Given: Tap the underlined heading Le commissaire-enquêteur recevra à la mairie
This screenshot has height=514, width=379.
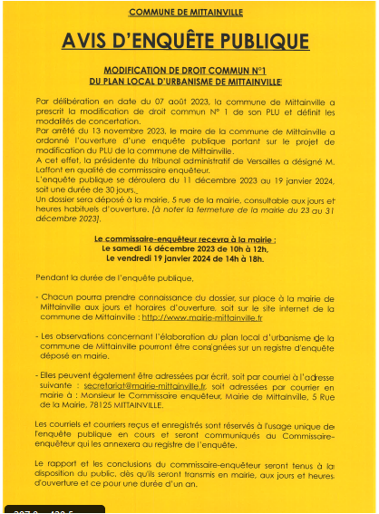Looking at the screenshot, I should point(185,236).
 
